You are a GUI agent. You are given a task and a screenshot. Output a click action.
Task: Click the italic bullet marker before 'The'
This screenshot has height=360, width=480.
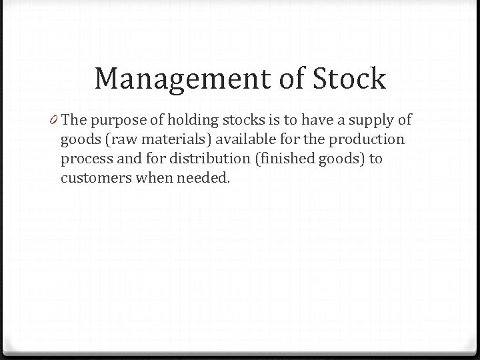coord(55,121)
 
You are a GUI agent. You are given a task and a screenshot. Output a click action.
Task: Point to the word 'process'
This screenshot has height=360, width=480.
coord(85,160)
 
